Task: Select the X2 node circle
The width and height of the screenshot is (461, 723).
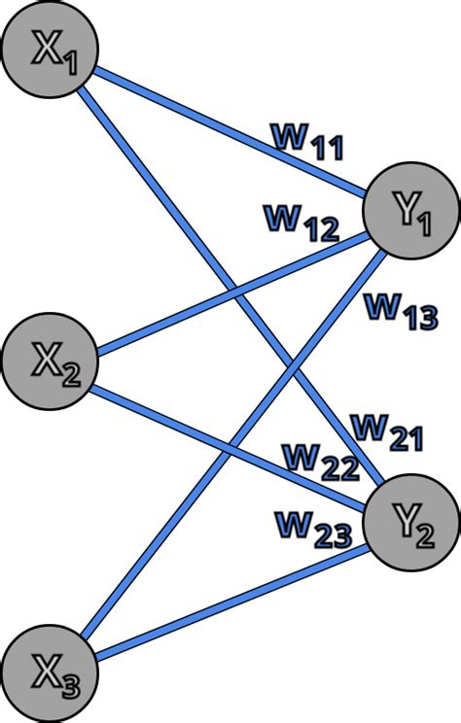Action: pyautogui.click(x=50, y=362)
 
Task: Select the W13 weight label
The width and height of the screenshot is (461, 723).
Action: pyautogui.click(x=400, y=310)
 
